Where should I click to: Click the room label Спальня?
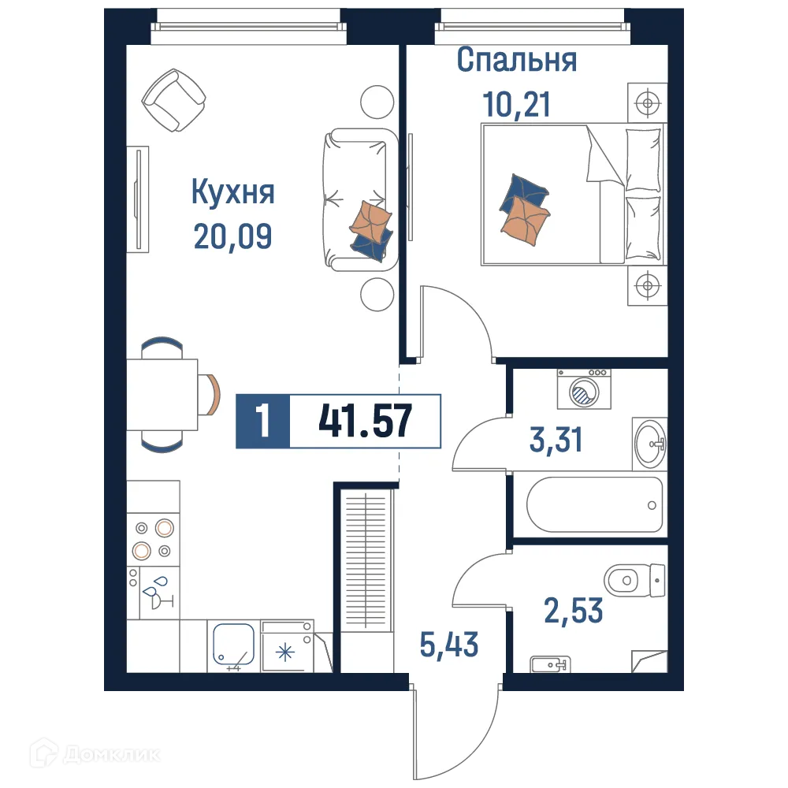pos(517,61)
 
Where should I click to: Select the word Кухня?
pos(233,191)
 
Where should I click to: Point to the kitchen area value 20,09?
pos(233,234)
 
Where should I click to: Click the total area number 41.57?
pos(365,422)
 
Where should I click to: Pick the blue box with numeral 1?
pos(263,422)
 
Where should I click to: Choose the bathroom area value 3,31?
pos(556,440)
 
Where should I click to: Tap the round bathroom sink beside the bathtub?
pos(649,444)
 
